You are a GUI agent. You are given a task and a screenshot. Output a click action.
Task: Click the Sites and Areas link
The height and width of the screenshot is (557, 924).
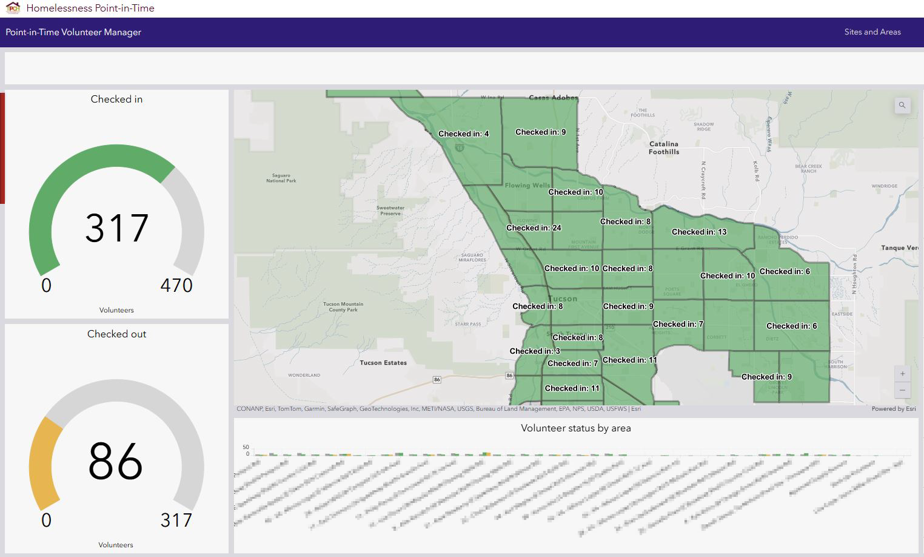[872, 32]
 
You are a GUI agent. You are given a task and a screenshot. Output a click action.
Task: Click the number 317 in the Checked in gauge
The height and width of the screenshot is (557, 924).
[116, 228]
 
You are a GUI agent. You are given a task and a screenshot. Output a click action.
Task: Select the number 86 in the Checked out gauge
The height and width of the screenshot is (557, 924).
[115, 461]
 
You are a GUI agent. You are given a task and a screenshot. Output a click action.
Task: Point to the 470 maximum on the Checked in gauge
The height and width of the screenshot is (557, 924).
[176, 285]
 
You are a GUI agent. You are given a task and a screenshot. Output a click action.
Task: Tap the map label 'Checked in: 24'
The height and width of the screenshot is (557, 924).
[534, 228]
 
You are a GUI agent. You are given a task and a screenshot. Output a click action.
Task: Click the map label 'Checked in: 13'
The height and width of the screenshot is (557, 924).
[698, 232]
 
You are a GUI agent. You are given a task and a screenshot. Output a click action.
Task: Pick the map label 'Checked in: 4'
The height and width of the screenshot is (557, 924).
[463, 134]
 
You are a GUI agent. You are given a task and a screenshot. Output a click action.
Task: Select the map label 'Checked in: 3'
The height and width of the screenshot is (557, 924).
[535, 351]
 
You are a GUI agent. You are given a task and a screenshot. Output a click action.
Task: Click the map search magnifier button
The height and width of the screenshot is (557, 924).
[902, 106]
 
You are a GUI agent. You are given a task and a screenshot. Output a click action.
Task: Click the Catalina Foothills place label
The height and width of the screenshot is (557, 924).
[664, 148]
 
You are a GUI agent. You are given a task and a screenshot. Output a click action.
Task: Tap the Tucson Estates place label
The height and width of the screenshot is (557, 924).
[383, 363]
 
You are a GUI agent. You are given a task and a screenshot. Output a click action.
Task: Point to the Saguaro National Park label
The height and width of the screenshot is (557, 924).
[281, 178]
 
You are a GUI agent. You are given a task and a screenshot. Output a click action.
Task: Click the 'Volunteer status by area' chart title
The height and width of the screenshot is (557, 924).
[575, 428]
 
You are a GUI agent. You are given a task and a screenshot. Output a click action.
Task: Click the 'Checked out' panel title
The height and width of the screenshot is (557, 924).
[116, 334]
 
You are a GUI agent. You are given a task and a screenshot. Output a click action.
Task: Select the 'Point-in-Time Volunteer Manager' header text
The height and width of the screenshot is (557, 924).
[73, 32]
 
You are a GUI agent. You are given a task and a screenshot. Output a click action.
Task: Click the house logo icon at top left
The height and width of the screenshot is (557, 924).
[13, 8]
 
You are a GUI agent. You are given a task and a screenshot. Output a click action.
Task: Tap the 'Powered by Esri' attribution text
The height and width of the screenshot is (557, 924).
[893, 409]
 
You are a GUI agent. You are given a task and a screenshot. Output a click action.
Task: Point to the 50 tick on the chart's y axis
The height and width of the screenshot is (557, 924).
[246, 447]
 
